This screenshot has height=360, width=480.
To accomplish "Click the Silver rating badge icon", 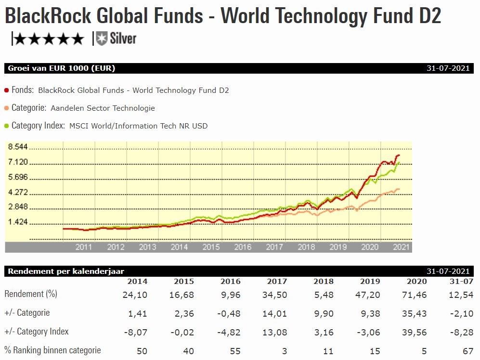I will click(x=101, y=39).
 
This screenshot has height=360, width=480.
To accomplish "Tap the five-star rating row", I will click(x=48, y=39).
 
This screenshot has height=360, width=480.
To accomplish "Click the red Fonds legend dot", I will click(x=6, y=90).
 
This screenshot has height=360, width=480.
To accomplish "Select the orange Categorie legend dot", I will click(x=6, y=108).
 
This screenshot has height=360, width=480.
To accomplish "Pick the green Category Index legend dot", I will click(x=6, y=126).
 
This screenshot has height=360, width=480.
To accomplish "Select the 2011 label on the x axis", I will click(x=84, y=247).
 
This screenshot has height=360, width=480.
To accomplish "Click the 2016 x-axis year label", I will click(x=243, y=247).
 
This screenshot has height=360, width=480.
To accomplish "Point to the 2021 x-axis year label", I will click(x=401, y=247).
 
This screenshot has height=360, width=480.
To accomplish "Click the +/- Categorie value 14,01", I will click(x=276, y=313).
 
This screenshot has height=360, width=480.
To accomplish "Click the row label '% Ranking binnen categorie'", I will click(x=52, y=350).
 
